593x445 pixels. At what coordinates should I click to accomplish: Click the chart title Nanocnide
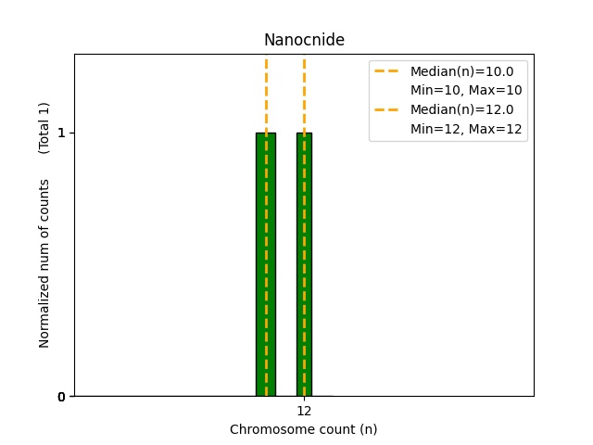point(304,40)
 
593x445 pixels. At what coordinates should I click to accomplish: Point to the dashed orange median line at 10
point(266,93)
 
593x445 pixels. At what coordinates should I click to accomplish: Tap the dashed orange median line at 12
point(304,93)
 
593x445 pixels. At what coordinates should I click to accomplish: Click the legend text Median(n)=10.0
point(461,71)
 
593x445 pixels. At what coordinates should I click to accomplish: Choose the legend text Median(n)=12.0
point(461,109)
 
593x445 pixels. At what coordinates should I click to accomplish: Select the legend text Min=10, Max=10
point(466,90)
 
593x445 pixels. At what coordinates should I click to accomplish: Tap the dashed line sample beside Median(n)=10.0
point(386,71)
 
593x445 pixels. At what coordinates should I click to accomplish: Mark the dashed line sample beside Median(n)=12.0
point(386,109)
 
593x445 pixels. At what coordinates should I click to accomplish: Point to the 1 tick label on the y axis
point(61,133)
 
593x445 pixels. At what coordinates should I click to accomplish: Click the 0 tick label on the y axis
point(61,397)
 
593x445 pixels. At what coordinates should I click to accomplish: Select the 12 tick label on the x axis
point(304,411)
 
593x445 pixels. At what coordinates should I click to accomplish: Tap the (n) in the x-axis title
point(368,429)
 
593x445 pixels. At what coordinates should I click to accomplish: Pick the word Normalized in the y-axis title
point(44,315)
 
